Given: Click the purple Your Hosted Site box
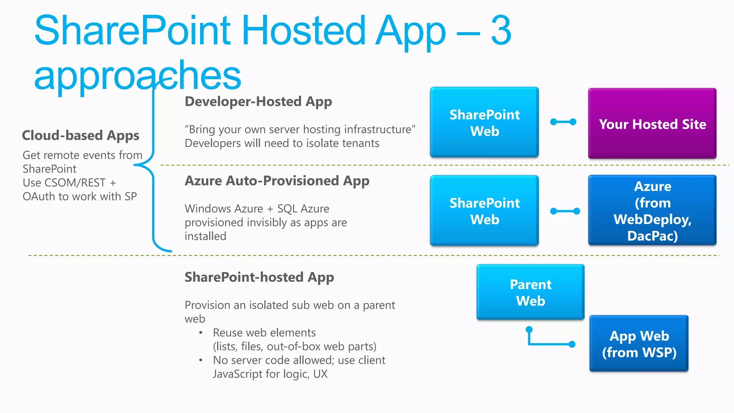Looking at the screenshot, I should tap(652, 123).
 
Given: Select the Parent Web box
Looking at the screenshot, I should tap(530, 292).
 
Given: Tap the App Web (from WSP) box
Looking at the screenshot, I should tap(639, 343).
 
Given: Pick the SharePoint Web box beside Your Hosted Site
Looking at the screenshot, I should tap(484, 122).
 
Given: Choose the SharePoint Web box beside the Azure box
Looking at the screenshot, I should tap(484, 210).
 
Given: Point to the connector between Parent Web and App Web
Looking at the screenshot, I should tap(548, 344).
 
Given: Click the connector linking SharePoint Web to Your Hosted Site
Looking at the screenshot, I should tap(563, 122).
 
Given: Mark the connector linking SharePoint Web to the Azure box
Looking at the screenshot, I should tap(565, 211).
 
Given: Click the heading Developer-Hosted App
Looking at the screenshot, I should tap(258, 101).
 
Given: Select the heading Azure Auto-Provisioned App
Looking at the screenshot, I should tap(277, 181).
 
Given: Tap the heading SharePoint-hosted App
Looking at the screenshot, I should tap(259, 277).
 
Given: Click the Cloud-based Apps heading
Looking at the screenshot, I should tap(81, 136).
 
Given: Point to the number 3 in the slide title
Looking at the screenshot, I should tap(501, 31).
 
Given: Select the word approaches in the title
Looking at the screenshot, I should tap(138, 75).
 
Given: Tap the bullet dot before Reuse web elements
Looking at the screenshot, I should tap(201, 333).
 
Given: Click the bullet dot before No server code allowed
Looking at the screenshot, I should tap(201, 360).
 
